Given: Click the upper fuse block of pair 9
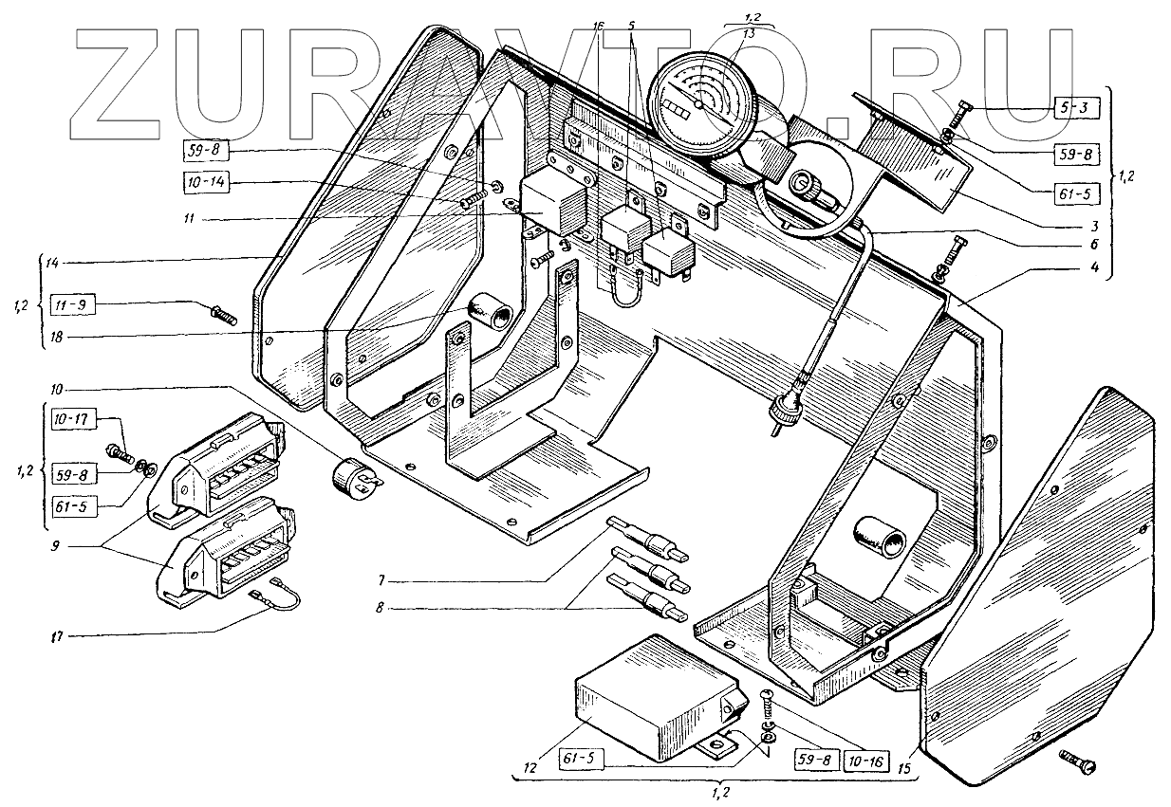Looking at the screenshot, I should click(226, 467).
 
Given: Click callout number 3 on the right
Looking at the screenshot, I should click(1094, 226).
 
